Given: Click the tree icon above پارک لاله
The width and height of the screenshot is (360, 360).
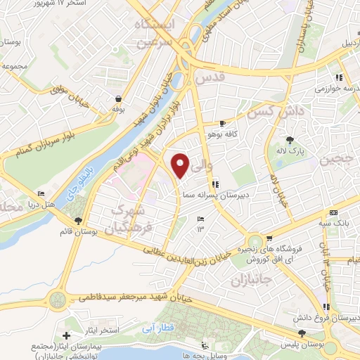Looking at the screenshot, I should (x=290, y=139).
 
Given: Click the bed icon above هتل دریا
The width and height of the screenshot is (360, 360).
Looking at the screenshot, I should (x=41, y=193).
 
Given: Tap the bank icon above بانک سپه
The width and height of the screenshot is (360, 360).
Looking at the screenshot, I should (x=333, y=213).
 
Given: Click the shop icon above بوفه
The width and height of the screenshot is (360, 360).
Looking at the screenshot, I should (x=117, y=100).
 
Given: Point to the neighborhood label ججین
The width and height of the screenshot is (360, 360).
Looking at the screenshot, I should (x=337, y=159).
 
